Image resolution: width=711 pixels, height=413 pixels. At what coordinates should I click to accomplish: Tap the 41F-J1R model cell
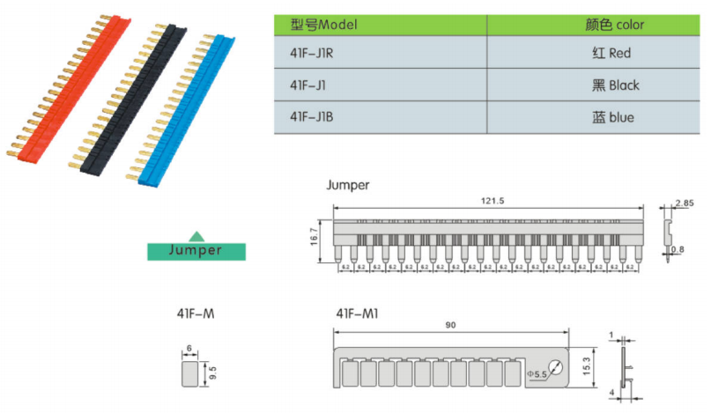312,54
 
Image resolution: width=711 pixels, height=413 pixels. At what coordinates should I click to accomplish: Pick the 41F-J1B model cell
312,116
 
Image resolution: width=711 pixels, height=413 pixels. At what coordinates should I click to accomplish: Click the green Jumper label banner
196,250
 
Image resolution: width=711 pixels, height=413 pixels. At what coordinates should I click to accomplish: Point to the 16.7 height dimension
315,238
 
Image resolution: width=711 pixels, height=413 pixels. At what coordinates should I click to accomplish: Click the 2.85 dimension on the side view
684,203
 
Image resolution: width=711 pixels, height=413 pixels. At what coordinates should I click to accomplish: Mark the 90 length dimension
450,326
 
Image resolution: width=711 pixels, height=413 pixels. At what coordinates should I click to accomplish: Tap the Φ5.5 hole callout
537,375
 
